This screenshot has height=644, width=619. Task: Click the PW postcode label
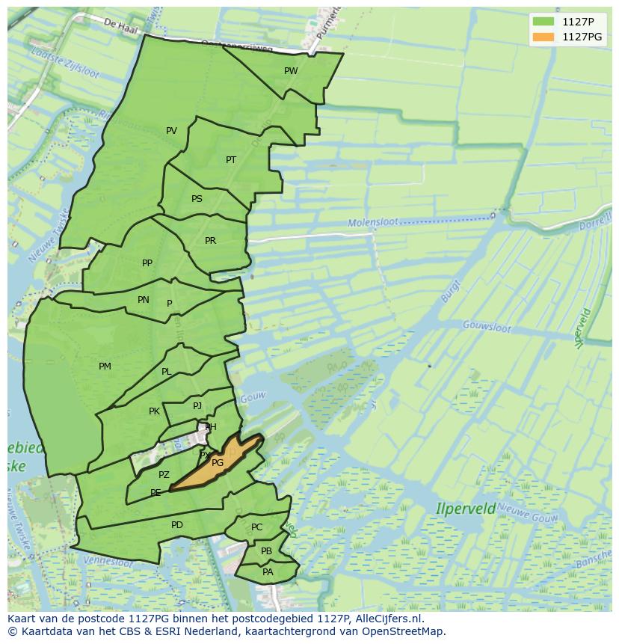click(291, 71)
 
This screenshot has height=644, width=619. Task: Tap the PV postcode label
click(171, 131)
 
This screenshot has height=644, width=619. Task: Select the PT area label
click(231, 160)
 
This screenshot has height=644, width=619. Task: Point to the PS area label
click(197, 199)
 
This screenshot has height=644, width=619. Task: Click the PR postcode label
click(210, 241)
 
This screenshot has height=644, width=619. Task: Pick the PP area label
click(147, 263)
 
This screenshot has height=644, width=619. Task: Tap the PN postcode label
click(144, 300)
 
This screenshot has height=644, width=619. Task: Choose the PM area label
click(105, 367)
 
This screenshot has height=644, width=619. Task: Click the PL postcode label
click(166, 372)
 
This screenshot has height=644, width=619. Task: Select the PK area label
click(154, 411)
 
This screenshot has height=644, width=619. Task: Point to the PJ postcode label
click(197, 406)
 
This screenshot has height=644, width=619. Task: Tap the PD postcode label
click(177, 525)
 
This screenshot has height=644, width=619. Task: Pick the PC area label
click(257, 527)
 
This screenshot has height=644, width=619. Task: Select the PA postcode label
click(268, 572)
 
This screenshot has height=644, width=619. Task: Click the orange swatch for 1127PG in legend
click(543, 37)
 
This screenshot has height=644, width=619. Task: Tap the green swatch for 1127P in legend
click(543, 21)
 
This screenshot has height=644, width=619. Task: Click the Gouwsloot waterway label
click(487, 327)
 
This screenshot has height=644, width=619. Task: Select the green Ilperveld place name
click(466, 509)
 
